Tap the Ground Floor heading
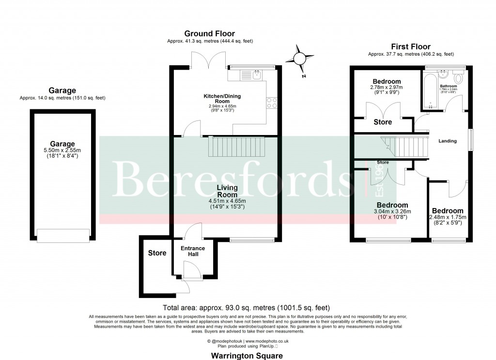pos(209,33)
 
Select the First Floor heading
pos(411,47)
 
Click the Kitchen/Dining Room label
pos(222,99)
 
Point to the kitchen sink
pos(251,75)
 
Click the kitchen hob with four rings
pos(271,103)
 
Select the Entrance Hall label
pos(193,252)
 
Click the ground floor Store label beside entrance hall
pos(157,253)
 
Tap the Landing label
pos(447,141)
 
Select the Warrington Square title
pos(248,356)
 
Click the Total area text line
pos(248,307)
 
